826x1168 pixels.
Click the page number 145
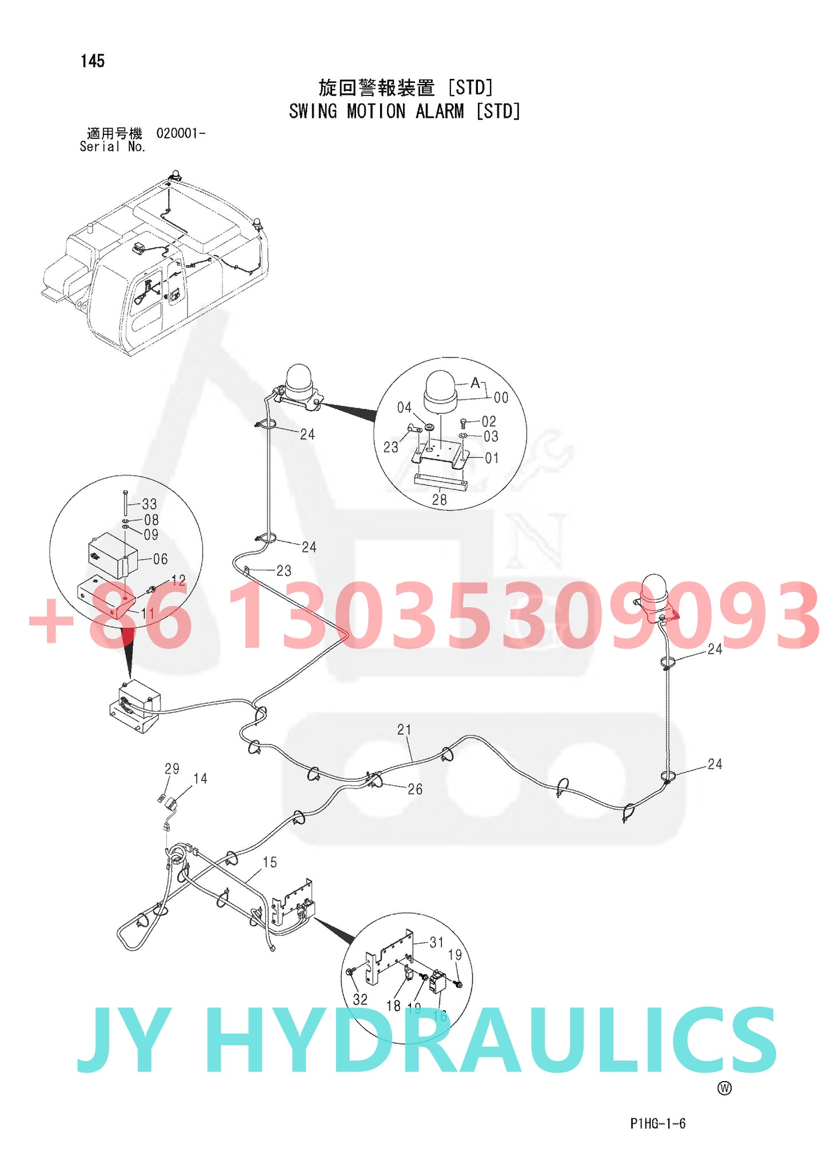tap(93, 61)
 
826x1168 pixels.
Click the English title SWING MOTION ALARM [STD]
tap(404, 111)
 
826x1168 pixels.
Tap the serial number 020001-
tap(181, 133)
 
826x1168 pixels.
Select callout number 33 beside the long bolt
tap(149, 504)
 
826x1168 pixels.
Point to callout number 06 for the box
tap(161, 559)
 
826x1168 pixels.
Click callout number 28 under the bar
tap(439, 500)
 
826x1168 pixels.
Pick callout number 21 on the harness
tap(404, 729)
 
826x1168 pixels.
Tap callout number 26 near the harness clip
tap(415, 789)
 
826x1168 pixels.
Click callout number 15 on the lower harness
tap(270, 862)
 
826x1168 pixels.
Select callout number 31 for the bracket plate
tap(436, 942)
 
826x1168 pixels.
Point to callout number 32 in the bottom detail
tap(360, 999)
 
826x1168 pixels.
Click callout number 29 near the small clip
tap(172, 769)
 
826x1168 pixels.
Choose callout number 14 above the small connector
tap(200, 779)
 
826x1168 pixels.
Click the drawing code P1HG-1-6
tap(657, 1123)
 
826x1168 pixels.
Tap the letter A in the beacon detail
tap(475, 383)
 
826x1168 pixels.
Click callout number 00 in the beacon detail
tap(501, 397)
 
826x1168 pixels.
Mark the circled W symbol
tap(724, 1088)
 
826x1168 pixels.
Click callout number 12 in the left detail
tap(178, 580)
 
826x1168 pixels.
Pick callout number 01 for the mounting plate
tap(492, 458)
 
